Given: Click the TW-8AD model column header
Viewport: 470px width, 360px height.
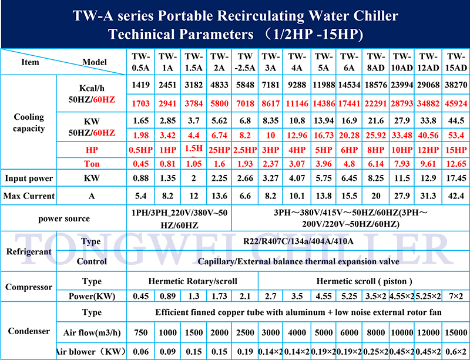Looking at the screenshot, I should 375,62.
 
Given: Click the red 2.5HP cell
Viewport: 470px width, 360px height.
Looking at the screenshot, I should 244,149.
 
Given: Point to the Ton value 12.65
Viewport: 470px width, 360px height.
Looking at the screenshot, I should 456,163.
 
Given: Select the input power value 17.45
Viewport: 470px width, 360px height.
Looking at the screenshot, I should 456,179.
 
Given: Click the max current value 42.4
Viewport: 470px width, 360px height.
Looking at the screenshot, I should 456,196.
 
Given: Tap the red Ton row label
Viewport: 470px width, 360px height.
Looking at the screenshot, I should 92,163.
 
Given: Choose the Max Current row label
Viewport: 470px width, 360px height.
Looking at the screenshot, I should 29,196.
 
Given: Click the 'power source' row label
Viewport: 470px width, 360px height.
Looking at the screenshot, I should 64,218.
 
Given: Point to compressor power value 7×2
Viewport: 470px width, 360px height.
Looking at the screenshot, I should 456,296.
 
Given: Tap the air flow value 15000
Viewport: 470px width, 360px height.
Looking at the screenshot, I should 456,333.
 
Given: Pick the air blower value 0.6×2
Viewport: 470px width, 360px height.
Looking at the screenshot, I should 456,352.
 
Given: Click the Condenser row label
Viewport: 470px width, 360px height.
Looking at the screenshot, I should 29,331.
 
